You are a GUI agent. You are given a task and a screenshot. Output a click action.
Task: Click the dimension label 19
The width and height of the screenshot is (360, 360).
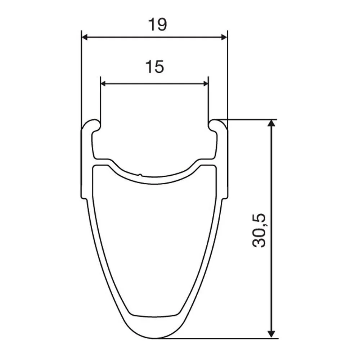click(x=158, y=24)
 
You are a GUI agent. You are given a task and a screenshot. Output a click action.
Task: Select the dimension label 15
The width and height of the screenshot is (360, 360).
click(x=155, y=67)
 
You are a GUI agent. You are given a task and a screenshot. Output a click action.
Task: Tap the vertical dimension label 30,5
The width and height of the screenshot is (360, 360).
click(x=259, y=230)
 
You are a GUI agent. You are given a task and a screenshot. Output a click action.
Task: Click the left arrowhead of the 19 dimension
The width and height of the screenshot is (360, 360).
click(x=85, y=37)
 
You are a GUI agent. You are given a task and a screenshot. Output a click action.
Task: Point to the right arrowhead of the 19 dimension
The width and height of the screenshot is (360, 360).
click(x=224, y=37)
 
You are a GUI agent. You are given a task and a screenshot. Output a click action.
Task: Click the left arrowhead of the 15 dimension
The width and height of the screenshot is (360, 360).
click(x=103, y=84)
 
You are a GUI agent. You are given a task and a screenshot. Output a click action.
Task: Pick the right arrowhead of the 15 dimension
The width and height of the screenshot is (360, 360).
click(x=206, y=84)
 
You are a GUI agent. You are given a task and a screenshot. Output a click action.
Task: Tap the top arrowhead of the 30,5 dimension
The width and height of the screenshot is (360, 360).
click(x=271, y=123)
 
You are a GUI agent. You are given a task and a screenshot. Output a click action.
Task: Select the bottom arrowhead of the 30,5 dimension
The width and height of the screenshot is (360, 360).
click(x=271, y=334)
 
